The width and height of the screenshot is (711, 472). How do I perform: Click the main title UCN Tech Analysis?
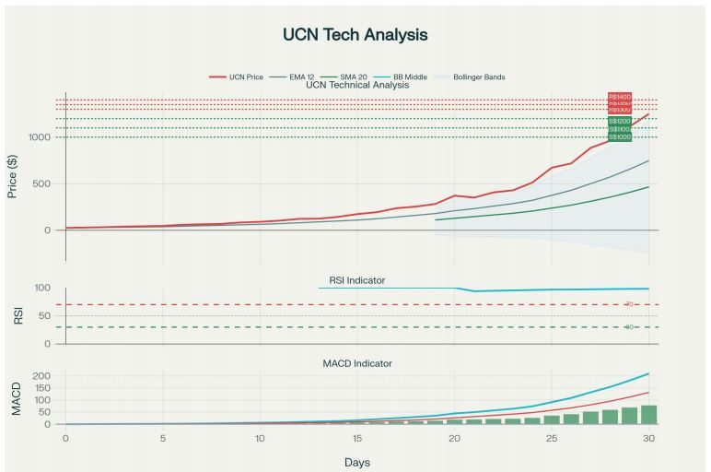point(355,35)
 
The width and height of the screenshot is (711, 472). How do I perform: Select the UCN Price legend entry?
point(241,77)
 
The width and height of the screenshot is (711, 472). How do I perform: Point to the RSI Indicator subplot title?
point(356,280)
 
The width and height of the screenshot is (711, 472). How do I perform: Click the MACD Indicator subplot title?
point(356,363)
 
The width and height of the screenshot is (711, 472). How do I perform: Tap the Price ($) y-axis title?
point(13,176)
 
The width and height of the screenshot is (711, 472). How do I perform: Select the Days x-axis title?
point(356,461)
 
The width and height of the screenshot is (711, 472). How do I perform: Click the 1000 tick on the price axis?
point(41,137)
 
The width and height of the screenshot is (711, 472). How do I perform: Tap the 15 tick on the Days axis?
point(357,438)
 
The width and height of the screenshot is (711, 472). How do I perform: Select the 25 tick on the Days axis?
point(552,438)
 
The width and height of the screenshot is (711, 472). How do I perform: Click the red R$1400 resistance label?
point(620,97)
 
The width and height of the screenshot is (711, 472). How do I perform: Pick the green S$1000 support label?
point(620,137)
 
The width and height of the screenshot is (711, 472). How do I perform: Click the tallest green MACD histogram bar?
point(648,415)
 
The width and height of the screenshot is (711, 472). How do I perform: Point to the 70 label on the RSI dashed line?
point(630,304)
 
